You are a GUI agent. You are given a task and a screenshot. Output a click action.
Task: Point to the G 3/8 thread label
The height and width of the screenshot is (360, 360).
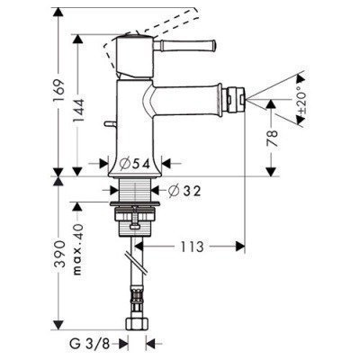(92, 342)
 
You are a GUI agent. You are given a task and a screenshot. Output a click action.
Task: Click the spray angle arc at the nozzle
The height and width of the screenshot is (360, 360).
(289, 93)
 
